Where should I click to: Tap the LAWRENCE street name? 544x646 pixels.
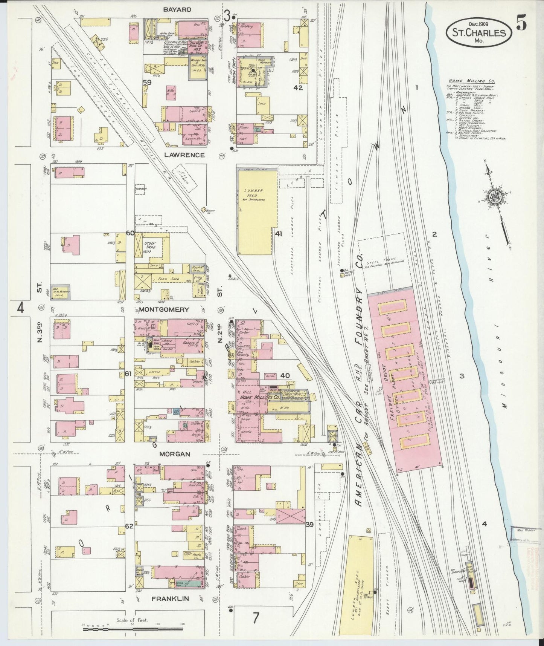pyautogui.click(x=184, y=155)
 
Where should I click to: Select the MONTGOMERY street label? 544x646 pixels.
pyautogui.click(x=164, y=309)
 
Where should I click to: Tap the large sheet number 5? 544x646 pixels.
pyautogui.click(x=521, y=24)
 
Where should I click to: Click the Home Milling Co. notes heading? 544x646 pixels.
pyautogui.click(x=472, y=81)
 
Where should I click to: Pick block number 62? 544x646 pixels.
pyautogui.click(x=129, y=526)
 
